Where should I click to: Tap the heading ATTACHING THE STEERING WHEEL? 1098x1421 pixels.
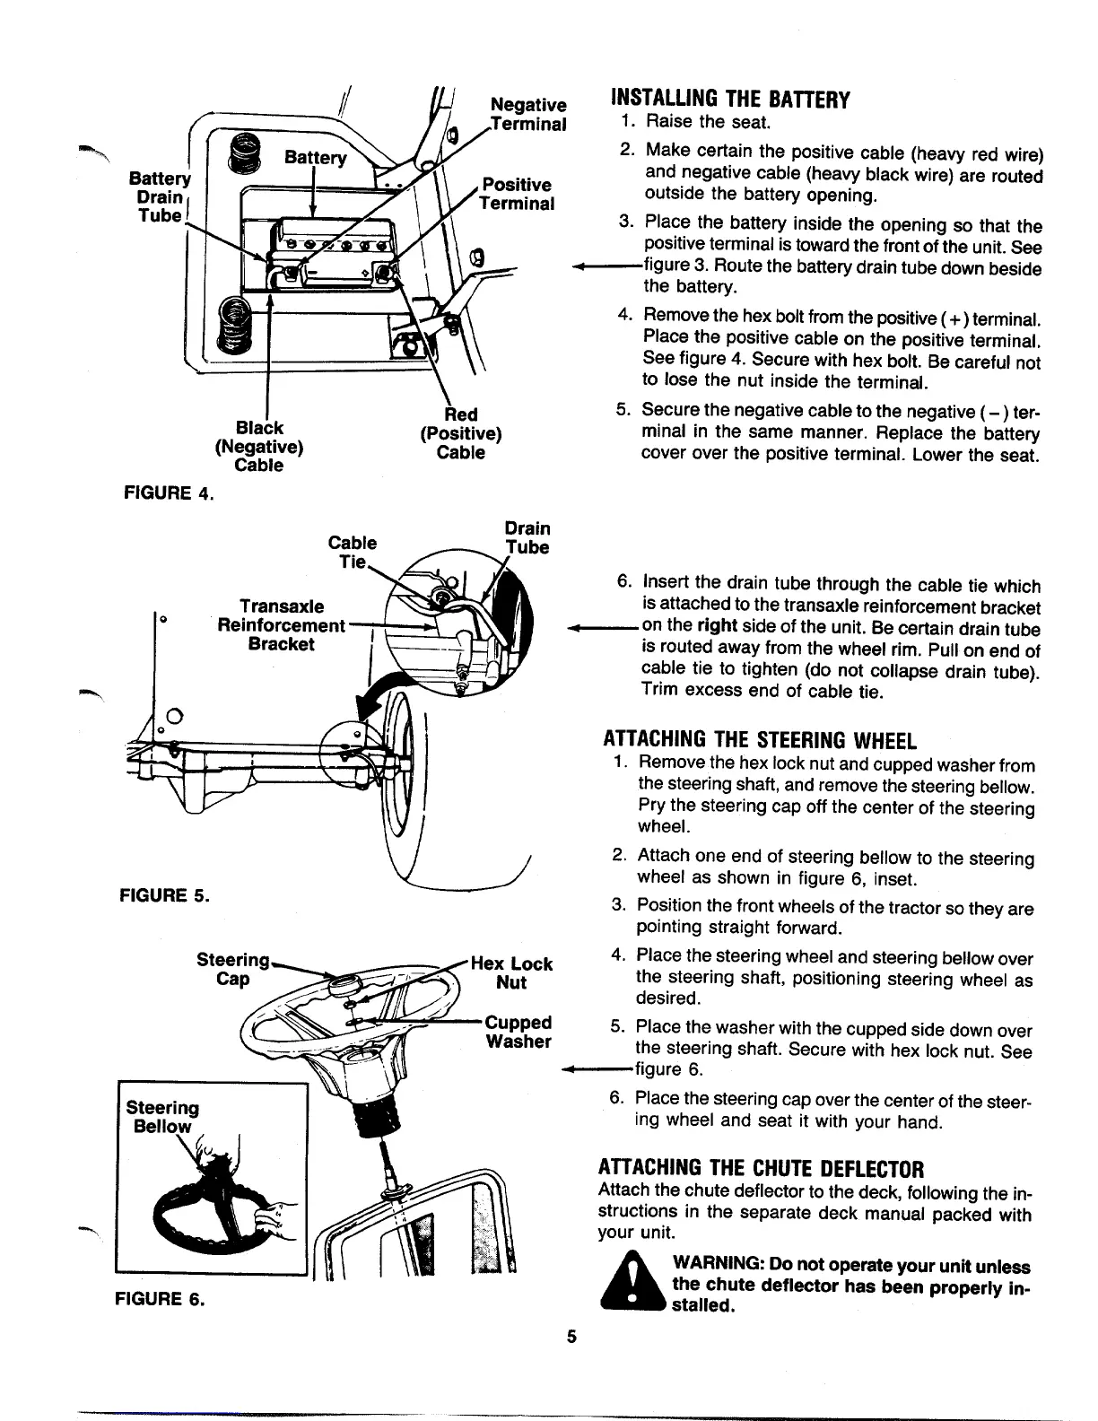click(758, 741)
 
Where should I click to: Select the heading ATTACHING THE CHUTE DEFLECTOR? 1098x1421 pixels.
click(761, 1169)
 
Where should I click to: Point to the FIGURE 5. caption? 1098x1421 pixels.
click(165, 894)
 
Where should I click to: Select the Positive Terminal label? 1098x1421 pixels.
click(517, 194)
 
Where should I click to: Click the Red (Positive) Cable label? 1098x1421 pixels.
click(460, 433)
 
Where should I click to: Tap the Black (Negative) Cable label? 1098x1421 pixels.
click(258, 446)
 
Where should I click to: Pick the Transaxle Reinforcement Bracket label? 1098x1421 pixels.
click(281, 625)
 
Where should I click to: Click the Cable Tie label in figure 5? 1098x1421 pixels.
click(353, 552)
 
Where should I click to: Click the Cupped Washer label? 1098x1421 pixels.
click(518, 1032)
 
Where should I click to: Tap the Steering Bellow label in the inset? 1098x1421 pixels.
click(162, 1117)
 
